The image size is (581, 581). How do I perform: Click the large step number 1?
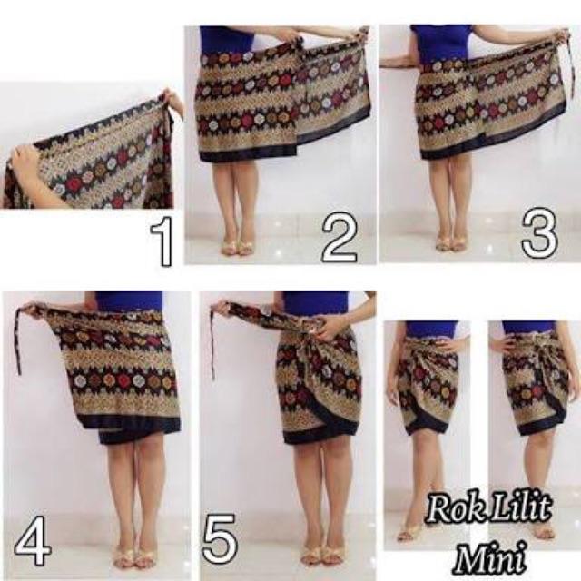point(162,241)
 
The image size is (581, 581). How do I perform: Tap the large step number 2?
point(340,238)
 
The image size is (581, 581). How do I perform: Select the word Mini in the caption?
point(490,556)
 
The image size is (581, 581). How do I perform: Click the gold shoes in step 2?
point(236,247)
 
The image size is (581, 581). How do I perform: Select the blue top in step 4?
point(128,300)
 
